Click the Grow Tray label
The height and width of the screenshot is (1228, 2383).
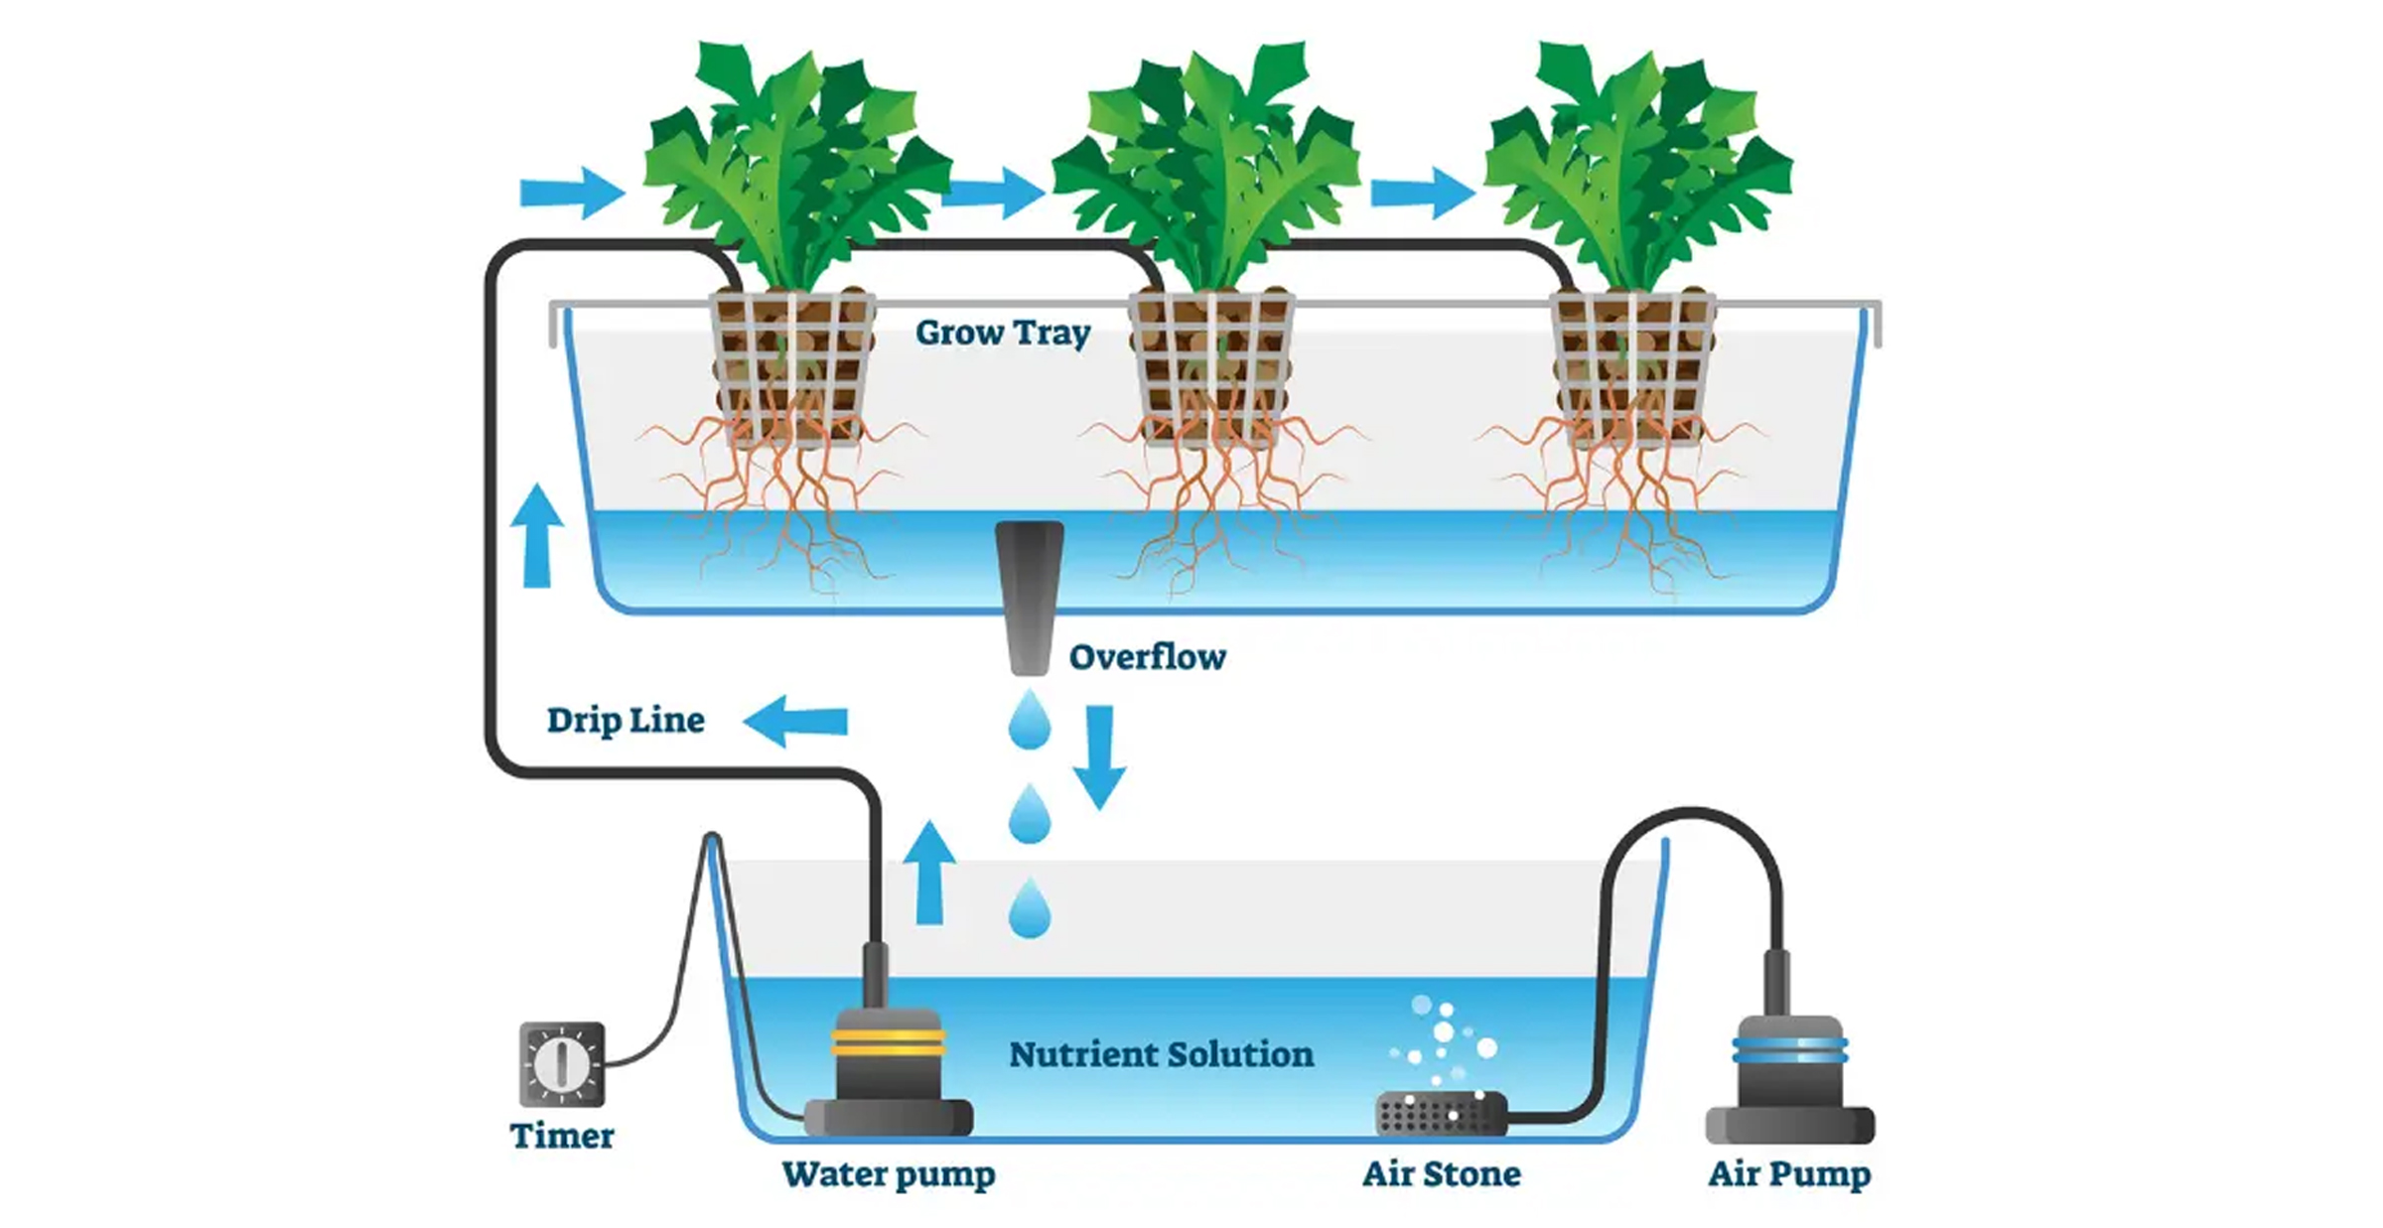[x=1003, y=334]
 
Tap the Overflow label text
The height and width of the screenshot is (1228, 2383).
[x=1147, y=657]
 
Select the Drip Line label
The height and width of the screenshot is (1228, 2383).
[x=626, y=721]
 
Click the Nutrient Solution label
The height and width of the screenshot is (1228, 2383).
[x=1161, y=1054]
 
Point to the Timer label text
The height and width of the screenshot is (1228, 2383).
[x=562, y=1136]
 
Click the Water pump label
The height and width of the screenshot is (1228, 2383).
[x=888, y=1174]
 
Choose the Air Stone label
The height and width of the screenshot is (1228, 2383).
[x=1441, y=1174]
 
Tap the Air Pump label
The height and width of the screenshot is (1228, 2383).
[x=1789, y=1174]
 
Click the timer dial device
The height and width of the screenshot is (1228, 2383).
[x=562, y=1063]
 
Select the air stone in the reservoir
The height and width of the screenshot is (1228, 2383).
[x=1441, y=1114]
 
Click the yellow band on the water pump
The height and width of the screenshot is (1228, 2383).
[x=888, y=1041]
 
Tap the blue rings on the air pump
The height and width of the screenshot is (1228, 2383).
[x=1789, y=1049]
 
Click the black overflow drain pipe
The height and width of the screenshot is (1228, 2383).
[x=1030, y=596]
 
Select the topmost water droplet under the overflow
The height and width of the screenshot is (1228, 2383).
[x=1030, y=720]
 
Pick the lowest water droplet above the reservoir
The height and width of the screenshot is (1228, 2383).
[x=1030, y=908]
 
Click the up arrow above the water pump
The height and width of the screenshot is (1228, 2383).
[x=929, y=873]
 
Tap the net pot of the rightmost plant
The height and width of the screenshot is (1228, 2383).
[x=1633, y=367]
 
